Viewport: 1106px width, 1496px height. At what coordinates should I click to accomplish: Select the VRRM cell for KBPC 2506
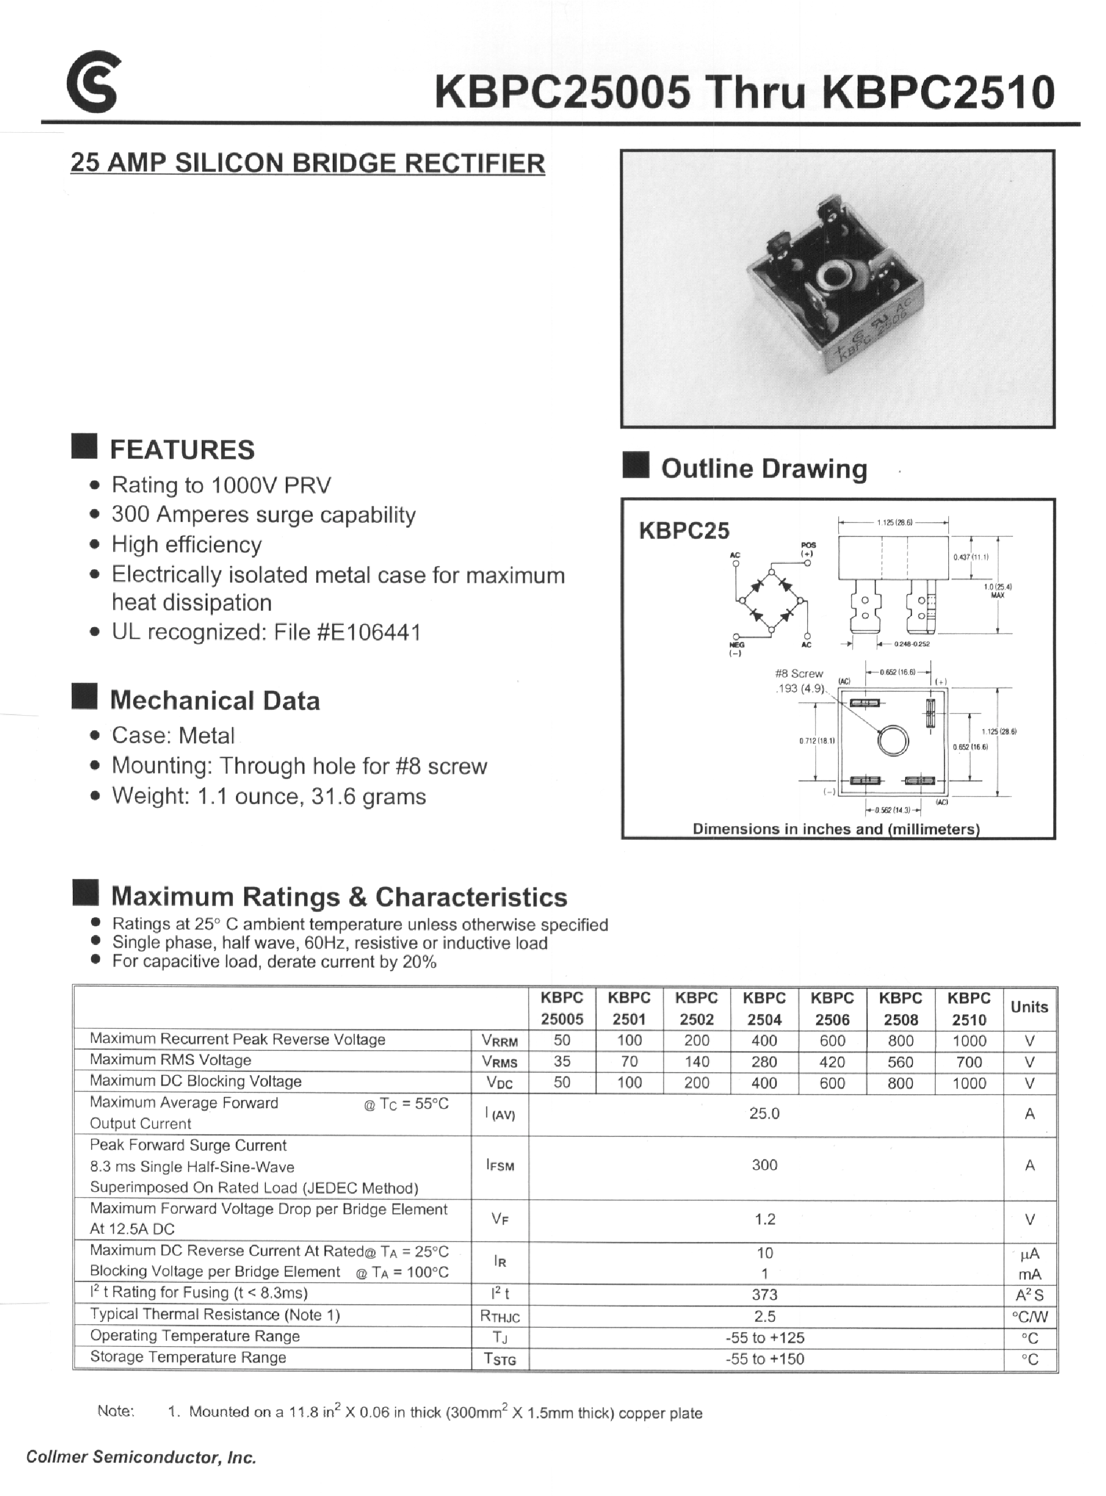pyautogui.click(x=832, y=1041)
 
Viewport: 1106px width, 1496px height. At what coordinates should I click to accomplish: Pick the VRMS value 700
pyautogui.click(x=969, y=1062)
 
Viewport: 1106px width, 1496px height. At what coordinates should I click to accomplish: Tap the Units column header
pyautogui.click(x=1029, y=1007)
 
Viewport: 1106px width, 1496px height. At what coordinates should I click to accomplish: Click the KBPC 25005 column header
pyautogui.click(x=562, y=1008)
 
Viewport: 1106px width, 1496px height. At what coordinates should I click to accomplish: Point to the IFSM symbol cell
pyautogui.click(x=500, y=1165)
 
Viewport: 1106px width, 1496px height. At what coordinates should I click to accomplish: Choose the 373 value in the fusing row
pyautogui.click(x=765, y=1295)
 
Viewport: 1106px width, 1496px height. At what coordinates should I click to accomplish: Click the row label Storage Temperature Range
pyautogui.click(x=188, y=1357)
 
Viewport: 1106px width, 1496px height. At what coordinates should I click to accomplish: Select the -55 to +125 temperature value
pyautogui.click(x=765, y=1337)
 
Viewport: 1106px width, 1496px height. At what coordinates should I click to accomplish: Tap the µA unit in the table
pyautogui.click(x=1029, y=1254)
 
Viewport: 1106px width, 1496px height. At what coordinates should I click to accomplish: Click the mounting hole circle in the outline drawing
pyautogui.click(x=893, y=741)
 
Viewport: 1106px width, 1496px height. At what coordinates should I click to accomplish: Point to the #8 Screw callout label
pyautogui.click(x=799, y=674)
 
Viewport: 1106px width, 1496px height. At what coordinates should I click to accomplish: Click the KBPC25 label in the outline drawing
pyautogui.click(x=684, y=531)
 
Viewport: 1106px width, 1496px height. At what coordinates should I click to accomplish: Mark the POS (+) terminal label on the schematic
pyautogui.click(x=808, y=549)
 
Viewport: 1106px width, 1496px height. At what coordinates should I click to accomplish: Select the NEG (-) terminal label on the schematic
pyautogui.click(x=736, y=649)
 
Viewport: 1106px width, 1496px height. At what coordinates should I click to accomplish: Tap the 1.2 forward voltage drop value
pyautogui.click(x=765, y=1219)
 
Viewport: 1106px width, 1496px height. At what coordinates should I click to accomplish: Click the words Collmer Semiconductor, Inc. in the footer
pyautogui.click(x=141, y=1457)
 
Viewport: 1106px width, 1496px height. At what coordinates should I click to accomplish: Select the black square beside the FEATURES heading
pyautogui.click(x=85, y=446)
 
